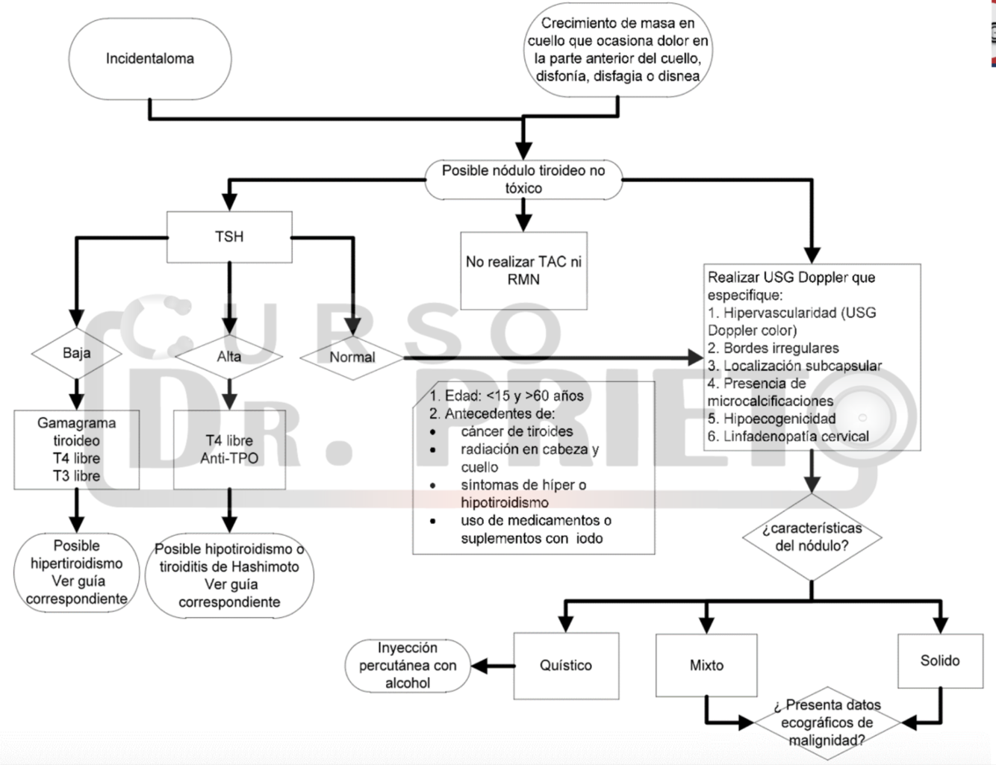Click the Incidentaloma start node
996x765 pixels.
pos(150,59)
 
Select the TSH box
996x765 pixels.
pos(229,237)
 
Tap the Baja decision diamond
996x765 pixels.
pos(76,353)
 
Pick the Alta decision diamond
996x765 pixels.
pos(229,357)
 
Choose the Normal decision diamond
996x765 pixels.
pos(352,357)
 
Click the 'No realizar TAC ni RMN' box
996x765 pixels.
pos(523,271)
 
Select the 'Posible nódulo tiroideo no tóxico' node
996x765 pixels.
pos(523,179)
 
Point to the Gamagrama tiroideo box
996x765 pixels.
pos(76,449)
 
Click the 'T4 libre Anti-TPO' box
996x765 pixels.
pos(229,449)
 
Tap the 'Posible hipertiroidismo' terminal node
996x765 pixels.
pos(76,572)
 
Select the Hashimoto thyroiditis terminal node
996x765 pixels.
pos(229,575)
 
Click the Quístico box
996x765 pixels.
pos(566,666)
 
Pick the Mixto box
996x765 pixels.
pos(706,666)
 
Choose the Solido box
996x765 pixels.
pos(940,661)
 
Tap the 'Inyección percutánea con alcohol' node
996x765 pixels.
pos(408,666)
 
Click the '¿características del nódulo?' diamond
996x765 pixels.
pos(812,537)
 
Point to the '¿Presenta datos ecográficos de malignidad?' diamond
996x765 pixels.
pos(827,722)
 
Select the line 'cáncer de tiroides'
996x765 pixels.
pos(517,431)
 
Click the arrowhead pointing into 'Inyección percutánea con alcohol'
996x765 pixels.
pos(478,666)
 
